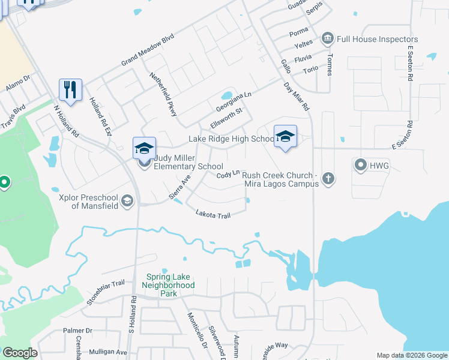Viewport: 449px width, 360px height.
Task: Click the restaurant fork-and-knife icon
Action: tap(71, 90)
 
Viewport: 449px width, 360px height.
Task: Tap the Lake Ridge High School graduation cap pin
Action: tap(285, 135)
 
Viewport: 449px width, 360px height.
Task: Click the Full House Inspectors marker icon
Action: tap(327, 40)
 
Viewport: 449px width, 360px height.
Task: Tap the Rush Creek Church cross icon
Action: tap(327, 178)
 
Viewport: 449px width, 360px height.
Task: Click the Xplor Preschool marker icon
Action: tap(127, 200)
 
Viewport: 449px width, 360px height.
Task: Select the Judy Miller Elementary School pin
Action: tap(144, 148)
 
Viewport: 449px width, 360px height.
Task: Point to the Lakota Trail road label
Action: tap(213, 214)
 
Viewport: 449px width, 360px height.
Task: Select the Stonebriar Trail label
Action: tap(106, 292)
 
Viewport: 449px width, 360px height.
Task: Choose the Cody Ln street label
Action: tap(229, 174)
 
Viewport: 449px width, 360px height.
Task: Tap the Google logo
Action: tap(20, 353)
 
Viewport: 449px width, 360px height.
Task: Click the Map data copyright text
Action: tap(412, 355)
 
